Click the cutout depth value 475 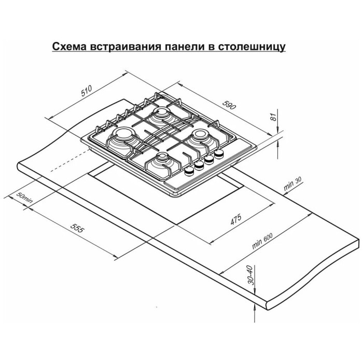pos(236,220)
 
